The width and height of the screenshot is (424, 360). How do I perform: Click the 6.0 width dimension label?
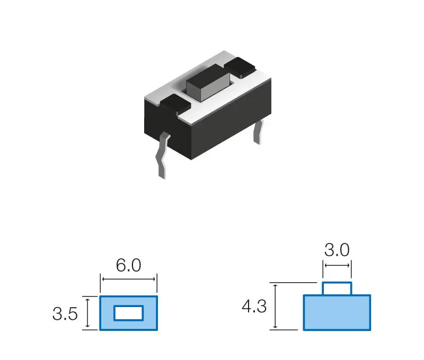(128, 265)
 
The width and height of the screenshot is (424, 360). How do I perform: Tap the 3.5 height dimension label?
(65, 314)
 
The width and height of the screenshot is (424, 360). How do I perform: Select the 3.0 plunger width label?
(337, 250)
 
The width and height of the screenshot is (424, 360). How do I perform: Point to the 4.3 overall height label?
(254, 307)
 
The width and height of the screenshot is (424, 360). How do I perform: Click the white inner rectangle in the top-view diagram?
(128, 313)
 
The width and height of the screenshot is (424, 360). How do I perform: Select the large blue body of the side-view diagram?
(337, 312)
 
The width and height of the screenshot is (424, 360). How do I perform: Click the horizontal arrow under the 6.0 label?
(128, 279)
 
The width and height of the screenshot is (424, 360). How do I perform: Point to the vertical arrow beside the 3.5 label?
(87, 313)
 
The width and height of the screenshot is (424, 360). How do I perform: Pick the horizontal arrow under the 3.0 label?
(337, 265)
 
